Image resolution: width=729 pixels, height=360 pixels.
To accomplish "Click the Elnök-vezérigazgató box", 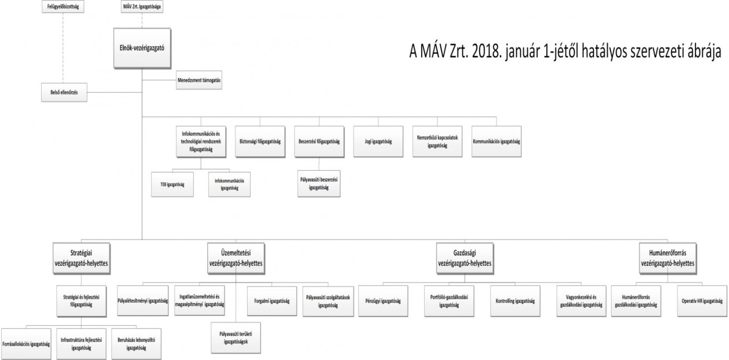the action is click(142, 48).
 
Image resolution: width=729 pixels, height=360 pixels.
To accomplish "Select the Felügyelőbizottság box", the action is click(63, 6).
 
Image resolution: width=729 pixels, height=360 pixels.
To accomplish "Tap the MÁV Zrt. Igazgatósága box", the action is click(142, 6).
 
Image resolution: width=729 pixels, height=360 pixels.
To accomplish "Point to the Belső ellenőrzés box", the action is click(64, 93).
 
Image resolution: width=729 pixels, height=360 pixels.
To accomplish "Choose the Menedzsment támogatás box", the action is click(199, 80).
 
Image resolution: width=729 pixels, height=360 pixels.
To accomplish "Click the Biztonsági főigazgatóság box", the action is click(260, 142).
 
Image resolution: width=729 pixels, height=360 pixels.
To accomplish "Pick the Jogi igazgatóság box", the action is click(378, 142).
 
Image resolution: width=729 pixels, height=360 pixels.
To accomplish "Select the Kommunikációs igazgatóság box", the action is click(496, 142).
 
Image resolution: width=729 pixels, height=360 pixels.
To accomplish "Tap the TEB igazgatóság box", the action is click(172, 185).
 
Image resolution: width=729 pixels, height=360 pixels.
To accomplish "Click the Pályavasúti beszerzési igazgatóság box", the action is click(319, 184).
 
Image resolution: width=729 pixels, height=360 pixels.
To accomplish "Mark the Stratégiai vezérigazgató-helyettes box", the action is click(82, 258).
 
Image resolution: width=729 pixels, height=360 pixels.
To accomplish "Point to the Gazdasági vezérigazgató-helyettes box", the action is click(465, 258).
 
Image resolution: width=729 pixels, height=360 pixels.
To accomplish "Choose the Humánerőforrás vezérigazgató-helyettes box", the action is click(668, 258).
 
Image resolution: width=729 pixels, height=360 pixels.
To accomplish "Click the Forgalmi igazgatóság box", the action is click(272, 301).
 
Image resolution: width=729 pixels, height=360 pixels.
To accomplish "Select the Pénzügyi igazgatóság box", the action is click(383, 301).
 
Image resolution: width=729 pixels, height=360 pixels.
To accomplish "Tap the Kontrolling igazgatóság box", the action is click(515, 301).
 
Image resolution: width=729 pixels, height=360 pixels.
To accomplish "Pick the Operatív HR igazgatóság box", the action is click(702, 301).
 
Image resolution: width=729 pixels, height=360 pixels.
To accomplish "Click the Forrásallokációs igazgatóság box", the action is click(26, 344).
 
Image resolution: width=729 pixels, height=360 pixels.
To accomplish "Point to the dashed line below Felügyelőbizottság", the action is click(63, 48).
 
